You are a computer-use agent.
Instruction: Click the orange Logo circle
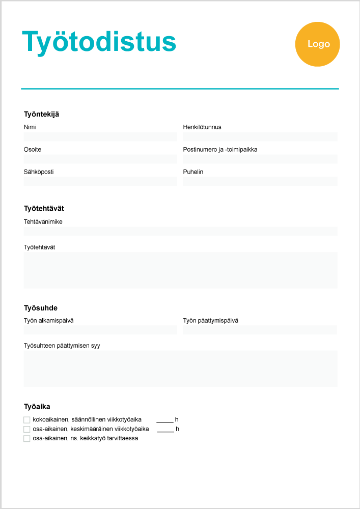(x=317, y=44)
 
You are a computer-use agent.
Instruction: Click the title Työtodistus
(x=99, y=42)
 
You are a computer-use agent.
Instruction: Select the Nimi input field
(x=100, y=136)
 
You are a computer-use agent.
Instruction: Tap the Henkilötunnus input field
(x=260, y=136)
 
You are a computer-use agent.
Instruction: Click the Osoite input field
(x=100, y=159)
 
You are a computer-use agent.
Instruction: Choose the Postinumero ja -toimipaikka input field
(x=260, y=159)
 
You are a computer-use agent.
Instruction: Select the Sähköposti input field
(x=100, y=181)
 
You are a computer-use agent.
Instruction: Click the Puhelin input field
(x=260, y=181)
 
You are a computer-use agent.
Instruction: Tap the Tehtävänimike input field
(x=180, y=231)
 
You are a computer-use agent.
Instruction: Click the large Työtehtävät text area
(x=180, y=270)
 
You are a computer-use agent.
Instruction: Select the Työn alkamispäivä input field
(x=100, y=330)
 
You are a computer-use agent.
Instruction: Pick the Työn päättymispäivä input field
(x=260, y=330)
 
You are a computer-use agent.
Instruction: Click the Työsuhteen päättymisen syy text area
(x=180, y=368)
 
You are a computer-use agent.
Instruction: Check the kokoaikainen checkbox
(x=27, y=420)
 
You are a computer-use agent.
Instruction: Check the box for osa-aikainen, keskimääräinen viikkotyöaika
(x=27, y=429)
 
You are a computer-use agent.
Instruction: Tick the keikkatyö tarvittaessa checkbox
(x=27, y=438)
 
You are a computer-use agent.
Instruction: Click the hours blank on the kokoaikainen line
(x=165, y=420)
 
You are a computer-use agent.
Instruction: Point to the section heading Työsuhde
(x=41, y=308)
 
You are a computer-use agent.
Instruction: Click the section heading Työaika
(x=37, y=407)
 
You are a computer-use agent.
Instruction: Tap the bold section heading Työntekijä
(x=45, y=114)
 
